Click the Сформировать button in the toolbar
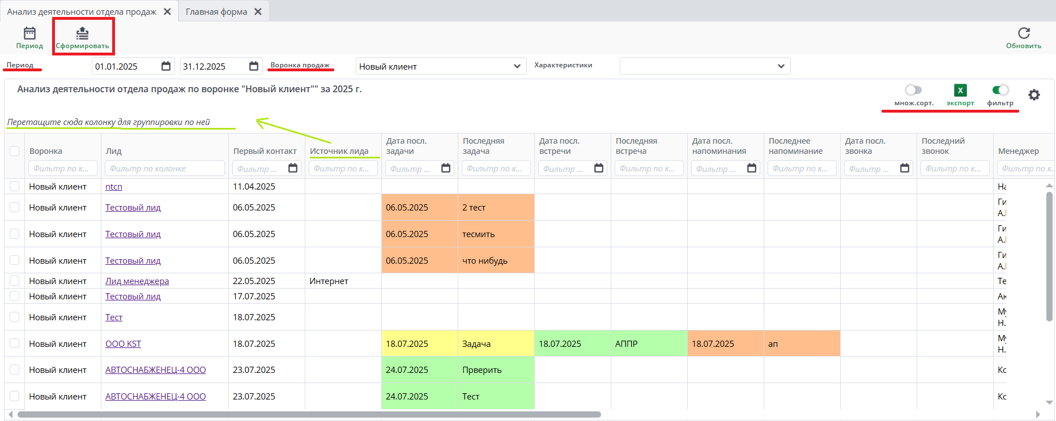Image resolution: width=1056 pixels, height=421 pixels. [83, 37]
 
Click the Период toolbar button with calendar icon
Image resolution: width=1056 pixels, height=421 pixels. [29, 37]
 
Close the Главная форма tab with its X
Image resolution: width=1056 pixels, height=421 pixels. [258, 11]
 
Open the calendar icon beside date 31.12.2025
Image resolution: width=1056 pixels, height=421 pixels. [254, 66]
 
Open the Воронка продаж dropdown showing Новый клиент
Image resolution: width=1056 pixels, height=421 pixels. [441, 66]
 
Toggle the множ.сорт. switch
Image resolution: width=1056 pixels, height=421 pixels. [913, 90]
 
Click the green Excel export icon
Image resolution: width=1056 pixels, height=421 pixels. [960, 90]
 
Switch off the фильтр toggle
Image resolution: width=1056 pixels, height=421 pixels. [1000, 90]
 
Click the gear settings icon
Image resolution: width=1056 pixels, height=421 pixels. [1034, 94]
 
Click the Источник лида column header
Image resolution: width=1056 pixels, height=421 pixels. [339, 151]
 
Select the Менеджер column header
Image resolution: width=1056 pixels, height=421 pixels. [1018, 151]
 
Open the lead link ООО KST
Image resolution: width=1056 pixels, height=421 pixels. [123, 343]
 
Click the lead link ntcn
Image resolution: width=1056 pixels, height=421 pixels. [114, 186]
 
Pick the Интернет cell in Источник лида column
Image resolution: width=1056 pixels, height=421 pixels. [329, 281]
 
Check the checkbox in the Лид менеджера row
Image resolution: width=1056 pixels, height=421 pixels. [15, 281]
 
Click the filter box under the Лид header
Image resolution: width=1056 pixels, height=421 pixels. [164, 168]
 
